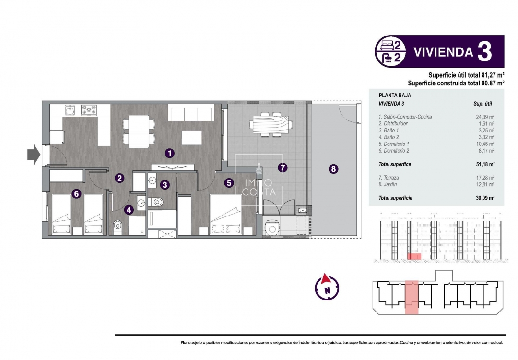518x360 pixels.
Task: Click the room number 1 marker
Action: pos(169,153)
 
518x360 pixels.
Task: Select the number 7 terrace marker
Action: pos(283,168)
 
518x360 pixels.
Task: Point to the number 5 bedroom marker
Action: pos(229,182)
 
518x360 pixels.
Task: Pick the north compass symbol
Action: pos(327,287)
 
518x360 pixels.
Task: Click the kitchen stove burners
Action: pos(89,110)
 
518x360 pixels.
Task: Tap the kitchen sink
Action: pos(70,110)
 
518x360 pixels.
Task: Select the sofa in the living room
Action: pos(190,113)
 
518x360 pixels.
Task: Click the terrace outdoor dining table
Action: pos(271,124)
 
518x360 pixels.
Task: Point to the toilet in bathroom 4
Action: pos(118,226)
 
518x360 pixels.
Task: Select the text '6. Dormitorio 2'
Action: pos(394,151)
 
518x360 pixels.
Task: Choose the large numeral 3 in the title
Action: pos(484,52)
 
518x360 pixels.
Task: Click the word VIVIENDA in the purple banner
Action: pos(443,52)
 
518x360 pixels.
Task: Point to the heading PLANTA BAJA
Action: pos(395,96)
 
